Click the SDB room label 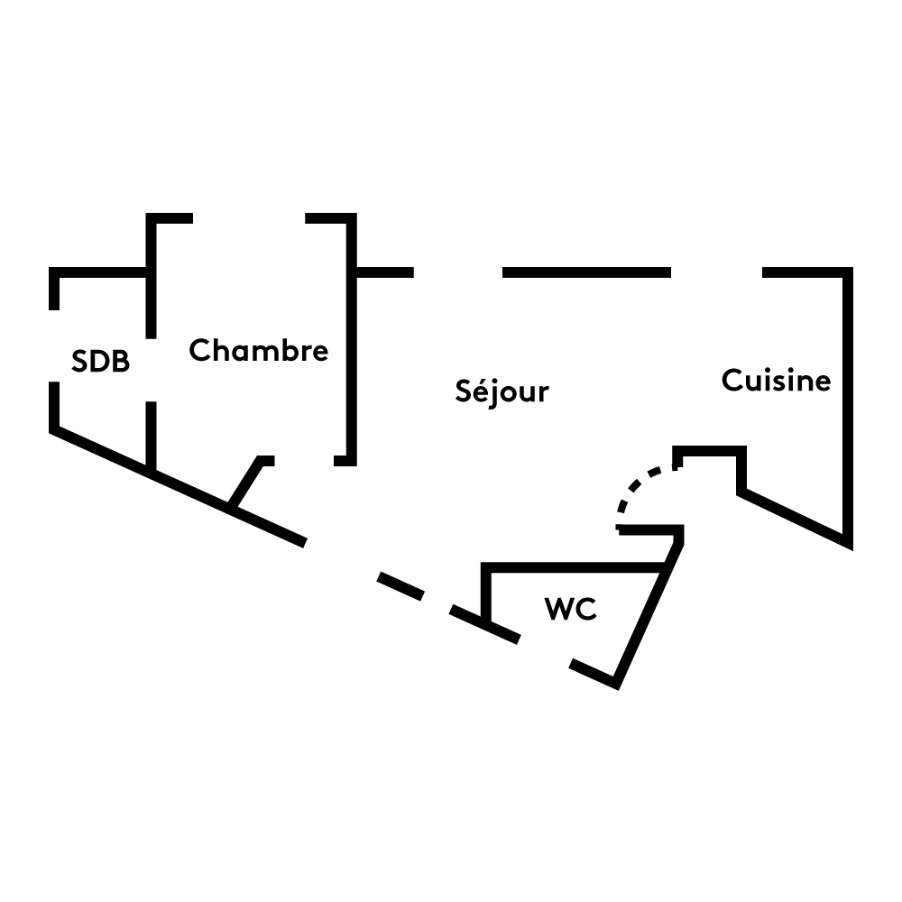coord(101,363)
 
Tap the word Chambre coord(259,350)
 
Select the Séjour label coord(502,391)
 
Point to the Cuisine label coord(776,381)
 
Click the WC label coord(570,609)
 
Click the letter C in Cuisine coord(732,381)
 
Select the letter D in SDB coord(101,363)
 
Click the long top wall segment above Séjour coord(586,272)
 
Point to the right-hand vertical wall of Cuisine coord(848,406)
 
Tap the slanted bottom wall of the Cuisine coord(794,519)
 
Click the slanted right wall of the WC coord(645,622)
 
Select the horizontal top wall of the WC coord(577,567)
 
